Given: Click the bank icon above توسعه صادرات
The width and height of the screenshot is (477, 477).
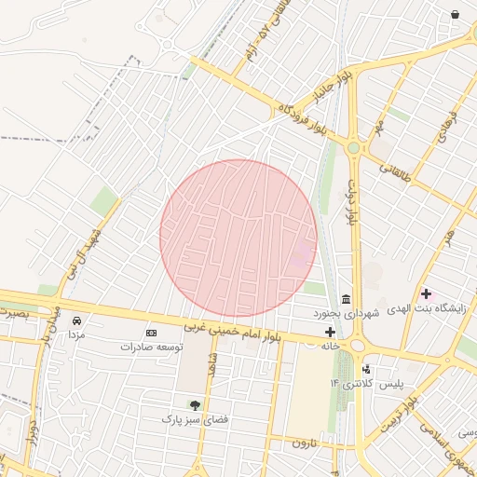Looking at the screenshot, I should (x=151, y=333).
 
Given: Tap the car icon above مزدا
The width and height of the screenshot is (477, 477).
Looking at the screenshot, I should (x=76, y=321).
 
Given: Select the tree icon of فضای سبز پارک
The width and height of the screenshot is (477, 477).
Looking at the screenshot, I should (x=195, y=405).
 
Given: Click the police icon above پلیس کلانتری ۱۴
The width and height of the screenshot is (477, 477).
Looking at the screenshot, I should (x=365, y=369).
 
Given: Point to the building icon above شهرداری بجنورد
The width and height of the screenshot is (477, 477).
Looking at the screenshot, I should (x=346, y=298).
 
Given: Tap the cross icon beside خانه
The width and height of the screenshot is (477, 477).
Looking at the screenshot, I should (x=330, y=332).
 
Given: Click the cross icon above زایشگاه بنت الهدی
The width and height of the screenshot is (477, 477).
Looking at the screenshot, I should (x=426, y=294).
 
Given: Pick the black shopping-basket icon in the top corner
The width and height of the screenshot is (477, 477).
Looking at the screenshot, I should (x=455, y=15).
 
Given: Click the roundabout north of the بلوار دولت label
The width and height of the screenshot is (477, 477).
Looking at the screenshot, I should (x=353, y=147).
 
